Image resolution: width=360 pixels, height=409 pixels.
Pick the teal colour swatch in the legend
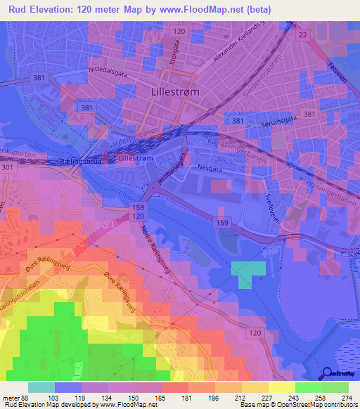tap(41, 387)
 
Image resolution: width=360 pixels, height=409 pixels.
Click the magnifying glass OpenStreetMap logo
tap(327, 372)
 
